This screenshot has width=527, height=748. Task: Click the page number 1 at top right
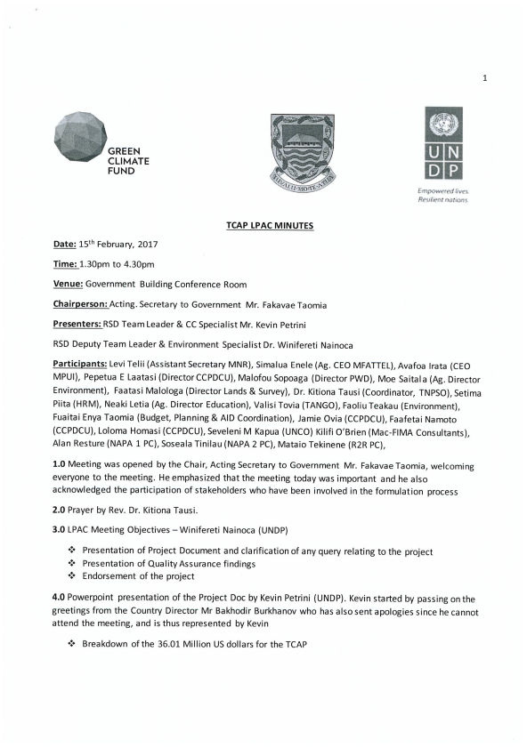pos(485,78)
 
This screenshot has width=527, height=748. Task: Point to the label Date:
pos(65,244)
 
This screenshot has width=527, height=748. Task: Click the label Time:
pos(66,264)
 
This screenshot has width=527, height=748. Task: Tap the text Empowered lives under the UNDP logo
pos(436,191)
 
